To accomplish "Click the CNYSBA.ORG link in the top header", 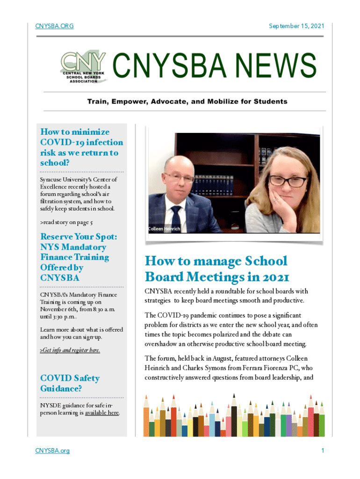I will tap(54, 26).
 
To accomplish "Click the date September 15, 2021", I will tap(296, 26).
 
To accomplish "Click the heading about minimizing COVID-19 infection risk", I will tap(82, 147).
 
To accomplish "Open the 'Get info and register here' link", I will tap(70, 350).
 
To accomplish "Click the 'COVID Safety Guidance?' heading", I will tap(70, 383).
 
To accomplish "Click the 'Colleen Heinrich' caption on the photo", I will tap(164, 229).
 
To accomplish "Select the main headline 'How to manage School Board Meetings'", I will tap(216, 269).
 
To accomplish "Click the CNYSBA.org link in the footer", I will tap(52, 450).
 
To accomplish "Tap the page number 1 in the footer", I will tap(322, 450).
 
